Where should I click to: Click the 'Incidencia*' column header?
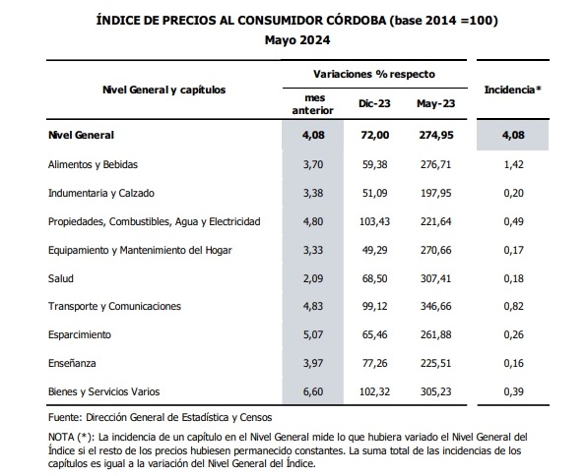tap(513, 89)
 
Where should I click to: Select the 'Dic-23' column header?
tap(374, 103)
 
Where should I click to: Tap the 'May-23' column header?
tap(435, 103)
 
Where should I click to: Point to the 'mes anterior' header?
tap(313, 104)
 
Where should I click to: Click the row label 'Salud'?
tap(60, 278)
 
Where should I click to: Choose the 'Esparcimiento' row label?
tap(80, 334)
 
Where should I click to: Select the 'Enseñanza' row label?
tap(72, 363)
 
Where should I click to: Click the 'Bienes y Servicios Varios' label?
tap(103, 391)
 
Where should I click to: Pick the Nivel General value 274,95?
tap(436, 135)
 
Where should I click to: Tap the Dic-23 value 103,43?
tap(374, 221)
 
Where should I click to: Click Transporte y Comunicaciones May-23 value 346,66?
tap(435, 306)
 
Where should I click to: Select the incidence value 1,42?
tap(513, 164)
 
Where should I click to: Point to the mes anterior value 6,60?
tap(313, 391)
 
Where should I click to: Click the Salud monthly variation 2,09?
tap(313, 278)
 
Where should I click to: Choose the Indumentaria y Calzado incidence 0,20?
tap(513, 193)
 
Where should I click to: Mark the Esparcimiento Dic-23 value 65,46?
tap(374, 334)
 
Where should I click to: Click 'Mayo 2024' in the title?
tap(297, 40)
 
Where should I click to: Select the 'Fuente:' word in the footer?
tap(65, 417)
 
